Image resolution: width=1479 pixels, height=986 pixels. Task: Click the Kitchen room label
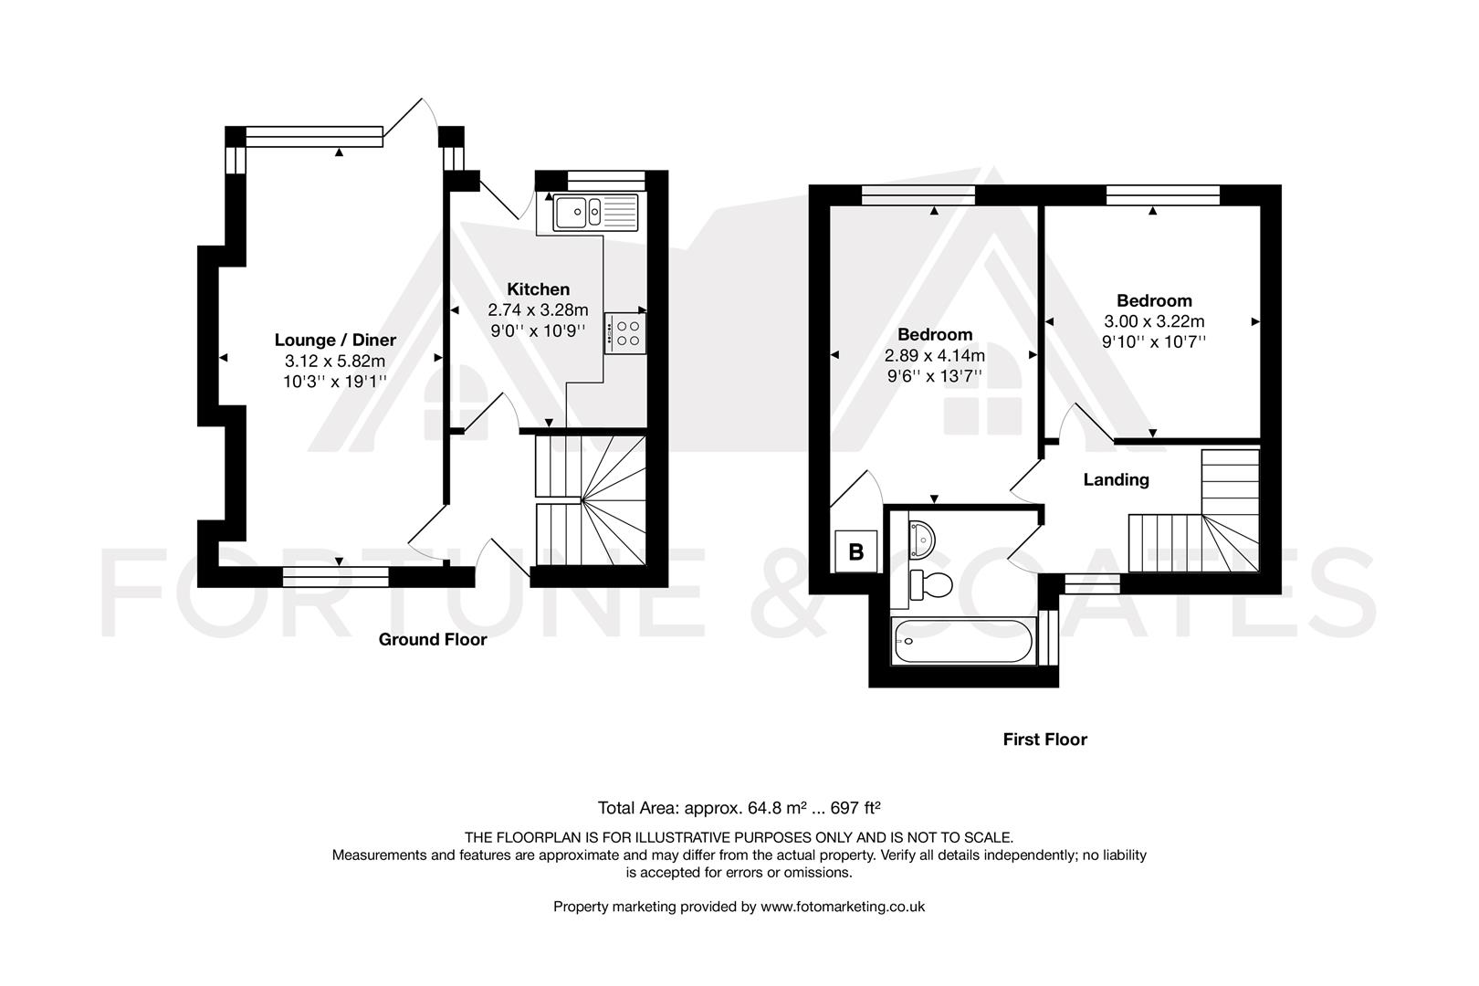tap(538, 289)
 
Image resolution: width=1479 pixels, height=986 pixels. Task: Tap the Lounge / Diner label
tap(335, 341)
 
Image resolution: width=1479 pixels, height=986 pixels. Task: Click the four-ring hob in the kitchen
tap(626, 332)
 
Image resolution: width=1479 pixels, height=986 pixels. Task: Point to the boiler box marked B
tap(856, 552)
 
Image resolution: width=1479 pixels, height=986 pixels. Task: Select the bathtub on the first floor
tap(962, 642)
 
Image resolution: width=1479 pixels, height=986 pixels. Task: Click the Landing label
tap(1116, 479)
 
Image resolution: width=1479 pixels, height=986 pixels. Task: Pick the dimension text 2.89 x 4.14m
tap(934, 355)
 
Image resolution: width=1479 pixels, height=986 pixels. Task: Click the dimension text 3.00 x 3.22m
tap(1154, 321)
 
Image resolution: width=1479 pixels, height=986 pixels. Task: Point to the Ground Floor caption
tap(433, 640)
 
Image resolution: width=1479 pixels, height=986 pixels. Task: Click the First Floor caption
tap(1044, 739)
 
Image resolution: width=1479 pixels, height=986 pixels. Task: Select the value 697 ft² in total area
tap(855, 808)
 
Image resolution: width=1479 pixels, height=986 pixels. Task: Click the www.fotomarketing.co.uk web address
tap(843, 907)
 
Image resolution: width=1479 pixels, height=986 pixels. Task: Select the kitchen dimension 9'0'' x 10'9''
tap(538, 330)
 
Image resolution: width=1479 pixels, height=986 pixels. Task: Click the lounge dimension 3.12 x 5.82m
tap(335, 361)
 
